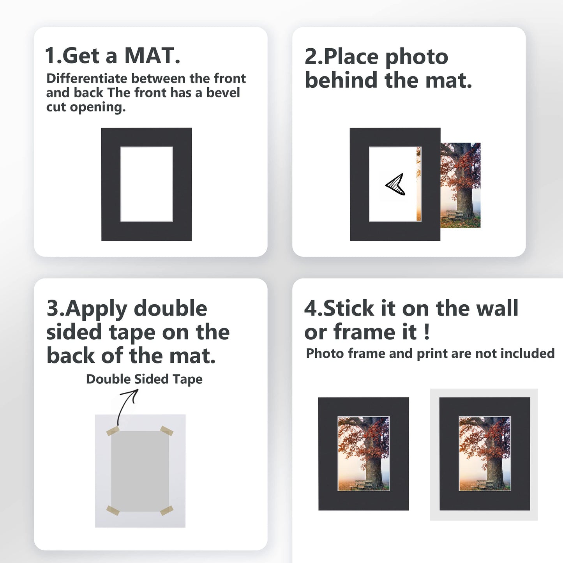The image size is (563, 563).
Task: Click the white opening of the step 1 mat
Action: [x=146, y=184]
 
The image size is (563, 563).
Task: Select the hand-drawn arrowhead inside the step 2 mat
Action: [x=396, y=185]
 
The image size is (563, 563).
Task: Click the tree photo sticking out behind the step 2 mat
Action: [x=461, y=185]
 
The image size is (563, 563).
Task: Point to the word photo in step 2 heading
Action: [x=417, y=57]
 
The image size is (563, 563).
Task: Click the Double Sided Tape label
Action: [x=144, y=379]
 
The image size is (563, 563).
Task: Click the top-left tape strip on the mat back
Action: [x=113, y=431]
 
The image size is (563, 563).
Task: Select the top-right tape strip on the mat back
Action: [x=166, y=431]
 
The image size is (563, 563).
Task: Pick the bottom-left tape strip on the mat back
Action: [x=113, y=510]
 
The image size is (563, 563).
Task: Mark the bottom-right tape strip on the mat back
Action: [x=166, y=510]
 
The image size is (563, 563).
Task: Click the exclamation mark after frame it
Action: [x=426, y=332]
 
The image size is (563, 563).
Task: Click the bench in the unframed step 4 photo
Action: [x=363, y=484]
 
